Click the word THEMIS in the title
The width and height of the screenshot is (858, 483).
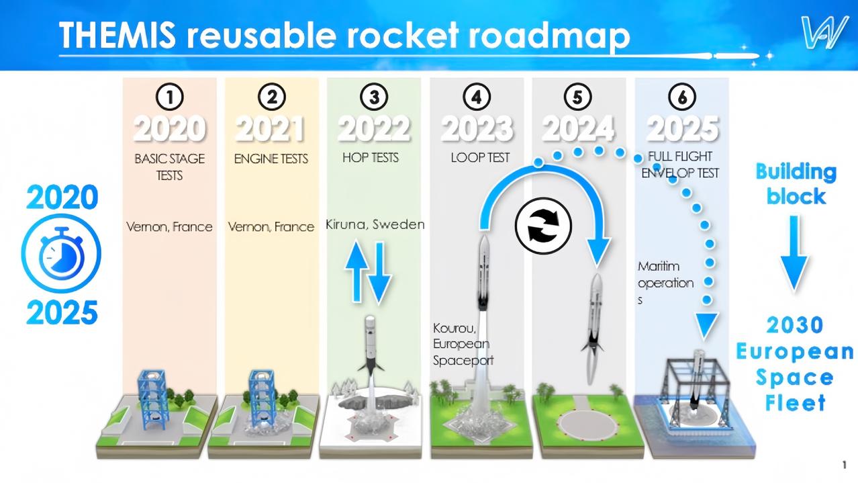click(x=117, y=34)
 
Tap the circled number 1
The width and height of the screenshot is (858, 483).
click(x=170, y=97)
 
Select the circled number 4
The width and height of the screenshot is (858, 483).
click(x=477, y=97)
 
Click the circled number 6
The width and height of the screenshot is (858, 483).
click(x=682, y=97)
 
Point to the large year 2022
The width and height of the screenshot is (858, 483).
click(x=374, y=129)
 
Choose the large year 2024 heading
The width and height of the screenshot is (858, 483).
click(x=579, y=129)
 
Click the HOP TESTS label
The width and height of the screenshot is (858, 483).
click(x=371, y=158)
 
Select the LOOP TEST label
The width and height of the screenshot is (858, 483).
click(x=480, y=158)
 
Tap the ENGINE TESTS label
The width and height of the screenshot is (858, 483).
click(x=271, y=159)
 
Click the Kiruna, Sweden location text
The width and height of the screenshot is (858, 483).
click(x=375, y=224)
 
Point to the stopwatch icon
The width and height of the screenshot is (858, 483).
click(x=61, y=254)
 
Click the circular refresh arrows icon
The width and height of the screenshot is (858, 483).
click(x=544, y=226)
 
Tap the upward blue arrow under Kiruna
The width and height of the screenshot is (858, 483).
click(x=356, y=271)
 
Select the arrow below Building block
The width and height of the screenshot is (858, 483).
click(x=794, y=254)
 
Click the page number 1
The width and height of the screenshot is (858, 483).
click(x=844, y=465)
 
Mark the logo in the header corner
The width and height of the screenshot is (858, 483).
click(x=824, y=33)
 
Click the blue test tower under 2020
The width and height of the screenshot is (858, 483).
click(x=152, y=399)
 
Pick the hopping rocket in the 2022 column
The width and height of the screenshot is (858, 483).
click(x=371, y=344)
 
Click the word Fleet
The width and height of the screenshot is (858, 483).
click(x=795, y=403)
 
